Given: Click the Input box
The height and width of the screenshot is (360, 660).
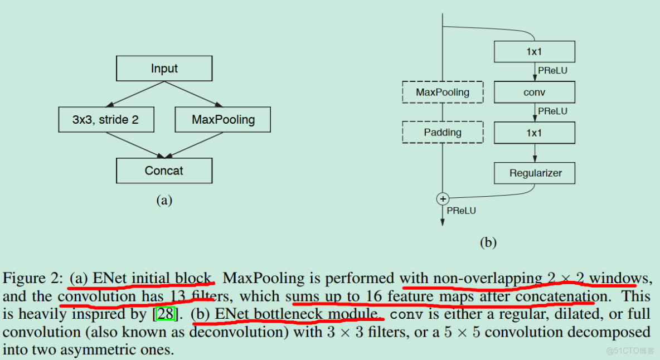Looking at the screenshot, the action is coord(164,68).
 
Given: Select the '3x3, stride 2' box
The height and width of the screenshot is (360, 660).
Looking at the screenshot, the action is coord(106,119).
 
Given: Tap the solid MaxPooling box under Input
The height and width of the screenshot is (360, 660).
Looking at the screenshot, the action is coord(222,119).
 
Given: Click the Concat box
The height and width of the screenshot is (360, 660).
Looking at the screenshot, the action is coord(164,171).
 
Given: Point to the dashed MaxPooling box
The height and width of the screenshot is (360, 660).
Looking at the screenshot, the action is coord(443,92).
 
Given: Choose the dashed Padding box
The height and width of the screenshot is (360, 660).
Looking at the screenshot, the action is coord(443,133).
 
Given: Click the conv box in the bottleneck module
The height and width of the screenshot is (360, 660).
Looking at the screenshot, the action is coord(535,92).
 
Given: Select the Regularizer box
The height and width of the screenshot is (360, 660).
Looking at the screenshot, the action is coord(535,173).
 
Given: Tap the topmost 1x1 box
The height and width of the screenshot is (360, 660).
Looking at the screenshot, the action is coord(535,52).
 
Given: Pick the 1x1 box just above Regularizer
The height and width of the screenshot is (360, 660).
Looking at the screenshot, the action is coord(535,133).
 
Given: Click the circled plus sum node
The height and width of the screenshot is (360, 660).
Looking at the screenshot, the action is coord(443,198).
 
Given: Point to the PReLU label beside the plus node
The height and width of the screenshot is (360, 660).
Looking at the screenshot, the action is coord(462,211).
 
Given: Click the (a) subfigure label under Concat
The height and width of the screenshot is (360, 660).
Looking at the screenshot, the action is coord(164,200).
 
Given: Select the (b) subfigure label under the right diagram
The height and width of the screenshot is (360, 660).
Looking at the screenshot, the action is coord(488,242).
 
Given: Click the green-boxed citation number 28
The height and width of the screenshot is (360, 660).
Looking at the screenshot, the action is coord(166,314).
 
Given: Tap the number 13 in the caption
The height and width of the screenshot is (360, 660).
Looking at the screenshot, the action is coord(178,296).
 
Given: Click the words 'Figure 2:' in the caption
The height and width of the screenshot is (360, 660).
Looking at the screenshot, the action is coord(33,279).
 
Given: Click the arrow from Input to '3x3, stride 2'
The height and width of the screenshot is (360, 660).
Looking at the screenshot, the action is coord(135,94).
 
